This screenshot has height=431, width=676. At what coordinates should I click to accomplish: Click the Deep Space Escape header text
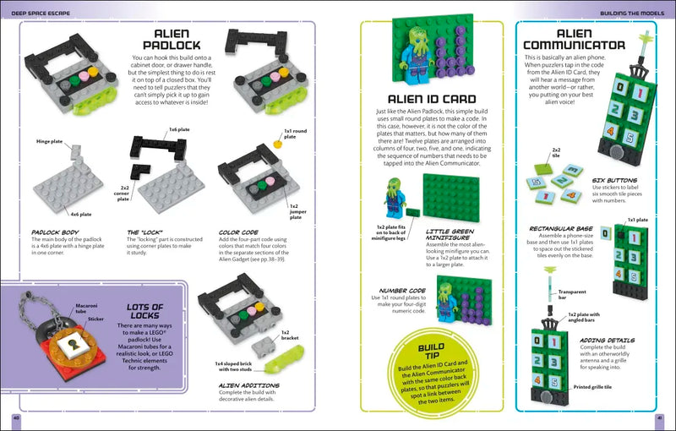point(45,13)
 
